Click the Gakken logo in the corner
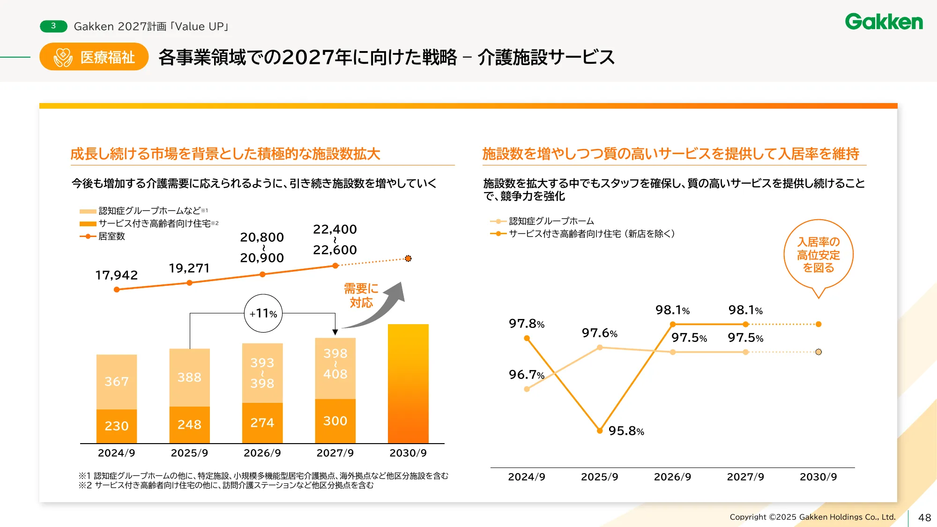(x=884, y=22)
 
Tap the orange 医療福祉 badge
(x=94, y=57)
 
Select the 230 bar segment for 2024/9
(x=117, y=426)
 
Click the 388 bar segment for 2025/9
(x=189, y=377)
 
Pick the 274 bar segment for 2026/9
(x=262, y=423)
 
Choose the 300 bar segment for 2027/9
(x=335, y=421)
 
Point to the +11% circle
(x=263, y=313)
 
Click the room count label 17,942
(x=117, y=275)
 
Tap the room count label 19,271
(x=189, y=268)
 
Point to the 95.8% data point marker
(x=600, y=431)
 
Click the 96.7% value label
(x=527, y=375)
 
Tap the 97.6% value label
(x=599, y=333)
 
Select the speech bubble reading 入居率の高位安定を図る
(x=818, y=255)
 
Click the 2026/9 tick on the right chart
(x=672, y=477)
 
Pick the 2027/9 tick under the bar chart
(x=335, y=453)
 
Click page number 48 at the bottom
(x=924, y=518)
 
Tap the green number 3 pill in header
(x=53, y=26)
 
